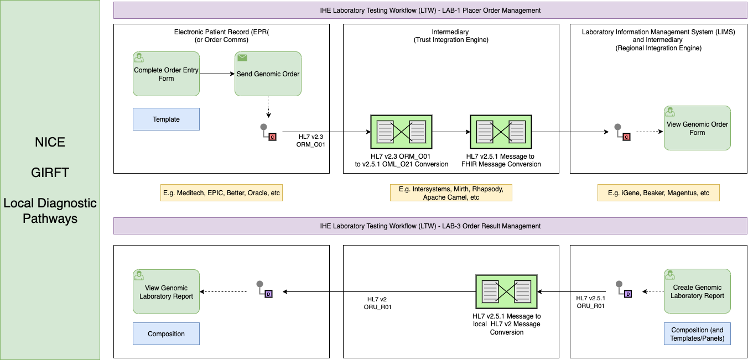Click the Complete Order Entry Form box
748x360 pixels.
click(x=166, y=74)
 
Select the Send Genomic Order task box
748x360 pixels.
click(x=268, y=74)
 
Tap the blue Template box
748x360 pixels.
click(x=166, y=119)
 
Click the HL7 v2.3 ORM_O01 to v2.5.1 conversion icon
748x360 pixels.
click(x=401, y=132)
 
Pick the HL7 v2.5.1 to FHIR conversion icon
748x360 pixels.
click(x=501, y=132)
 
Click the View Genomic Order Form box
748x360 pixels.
click(x=697, y=128)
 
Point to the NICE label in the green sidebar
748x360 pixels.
click(x=50, y=142)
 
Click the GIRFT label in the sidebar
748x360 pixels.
click(x=50, y=173)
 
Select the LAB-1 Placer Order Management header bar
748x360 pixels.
click(x=430, y=11)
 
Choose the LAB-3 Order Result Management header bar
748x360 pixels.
click(x=430, y=226)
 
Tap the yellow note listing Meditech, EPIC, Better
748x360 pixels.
click(x=222, y=193)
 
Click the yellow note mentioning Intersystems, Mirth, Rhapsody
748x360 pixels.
click(x=450, y=193)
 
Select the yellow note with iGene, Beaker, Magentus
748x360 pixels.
click(x=658, y=193)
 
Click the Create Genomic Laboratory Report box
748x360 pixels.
click(x=697, y=291)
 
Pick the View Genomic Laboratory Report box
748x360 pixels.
click(x=166, y=292)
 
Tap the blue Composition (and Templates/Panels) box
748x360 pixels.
click(x=697, y=334)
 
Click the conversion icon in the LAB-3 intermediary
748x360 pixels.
click(x=507, y=292)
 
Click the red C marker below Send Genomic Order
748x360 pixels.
click(x=272, y=137)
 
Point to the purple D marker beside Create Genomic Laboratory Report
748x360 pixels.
click(x=627, y=294)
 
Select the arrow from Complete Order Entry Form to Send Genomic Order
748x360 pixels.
click(x=217, y=74)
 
